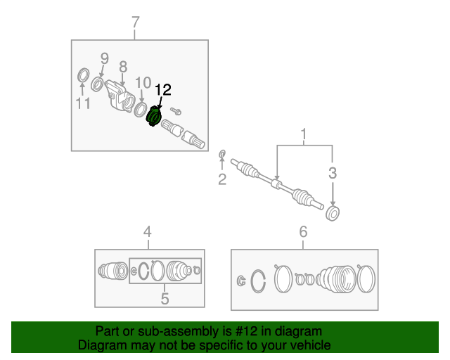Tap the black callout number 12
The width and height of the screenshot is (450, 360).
click(x=162, y=90)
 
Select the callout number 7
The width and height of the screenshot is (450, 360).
click(x=136, y=24)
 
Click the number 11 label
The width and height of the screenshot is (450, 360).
click(x=83, y=104)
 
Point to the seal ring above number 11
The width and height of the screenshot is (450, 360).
click(x=82, y=75)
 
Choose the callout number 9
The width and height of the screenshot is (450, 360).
click(x=104, y=58)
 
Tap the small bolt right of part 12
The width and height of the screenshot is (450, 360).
click(x=176, y=111)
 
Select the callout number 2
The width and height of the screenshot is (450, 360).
click(x=222, y=180)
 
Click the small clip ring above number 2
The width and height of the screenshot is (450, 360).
click(x=223, y=154)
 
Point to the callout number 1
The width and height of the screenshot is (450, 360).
click(x=304, y=134)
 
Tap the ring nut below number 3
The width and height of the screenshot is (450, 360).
click(x=333, y=213)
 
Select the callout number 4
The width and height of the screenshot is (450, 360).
click(x=147, y=231)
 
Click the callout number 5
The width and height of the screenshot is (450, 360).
click(x=165, y=299)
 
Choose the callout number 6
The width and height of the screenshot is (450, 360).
click(x=303, y=231)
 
